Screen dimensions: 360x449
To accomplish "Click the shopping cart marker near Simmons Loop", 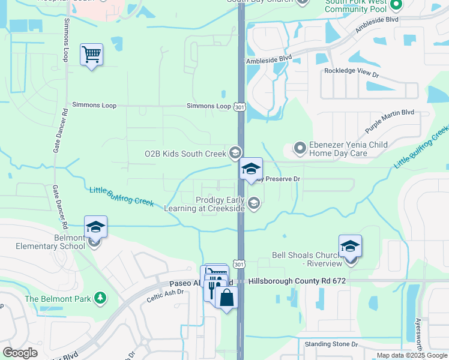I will click(91, 55).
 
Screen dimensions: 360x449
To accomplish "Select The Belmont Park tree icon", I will click(101, 298).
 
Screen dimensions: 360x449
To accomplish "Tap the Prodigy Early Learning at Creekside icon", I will click(254, 203).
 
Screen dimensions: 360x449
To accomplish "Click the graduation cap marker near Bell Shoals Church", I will click(350, 246).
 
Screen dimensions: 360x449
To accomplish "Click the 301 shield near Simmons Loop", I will click(240, 107).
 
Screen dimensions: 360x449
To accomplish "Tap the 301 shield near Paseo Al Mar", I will click(240, 264).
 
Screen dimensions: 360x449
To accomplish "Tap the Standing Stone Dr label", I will click(331, 344).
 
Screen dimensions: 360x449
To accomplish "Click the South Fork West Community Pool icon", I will click(396, 6).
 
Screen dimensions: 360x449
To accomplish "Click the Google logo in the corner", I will click(20, 353).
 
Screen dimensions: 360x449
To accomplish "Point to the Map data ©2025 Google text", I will click(411, 355).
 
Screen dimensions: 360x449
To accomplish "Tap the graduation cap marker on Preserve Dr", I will click(251, 169).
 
